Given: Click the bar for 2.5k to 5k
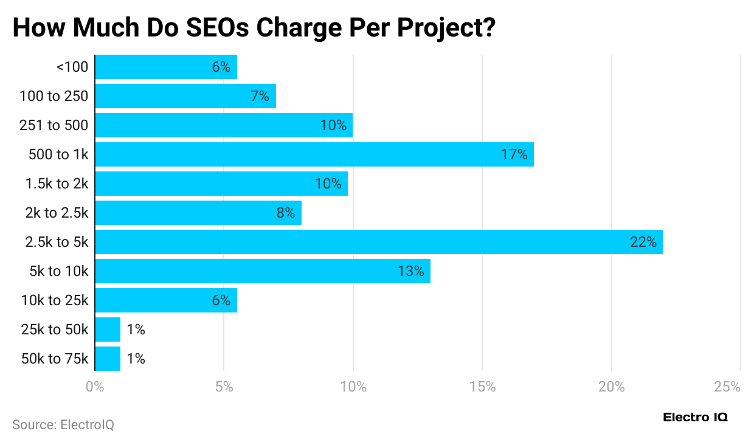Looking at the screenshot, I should tap(378, 242).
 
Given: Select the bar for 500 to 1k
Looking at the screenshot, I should tap(314, 154).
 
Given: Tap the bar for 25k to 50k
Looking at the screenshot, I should tap(108, 329).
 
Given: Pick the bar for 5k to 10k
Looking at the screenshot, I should tap(262, 271).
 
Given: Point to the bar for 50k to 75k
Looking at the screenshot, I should tap(108, 359).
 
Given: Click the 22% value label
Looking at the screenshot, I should tap(643, 242).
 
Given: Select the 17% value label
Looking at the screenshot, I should tap(514, 154).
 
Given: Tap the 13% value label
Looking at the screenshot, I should tap(411, 271).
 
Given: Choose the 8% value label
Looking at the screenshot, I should tap(285, 213).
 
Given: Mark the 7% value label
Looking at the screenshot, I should tap(260, 96).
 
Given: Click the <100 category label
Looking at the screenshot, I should tap(72, 67).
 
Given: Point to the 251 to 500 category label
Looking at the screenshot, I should tap(54, 125).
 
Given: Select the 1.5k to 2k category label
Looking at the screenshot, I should tap(57, 184).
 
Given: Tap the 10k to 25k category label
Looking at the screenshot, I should tap(55, 300).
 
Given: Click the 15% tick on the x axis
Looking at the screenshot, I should tap(482, 387).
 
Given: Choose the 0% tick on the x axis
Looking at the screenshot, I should tap(95, 387).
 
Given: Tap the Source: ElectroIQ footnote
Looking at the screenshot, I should tap(63, 424).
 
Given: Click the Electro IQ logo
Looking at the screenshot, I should tap(695, 418).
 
